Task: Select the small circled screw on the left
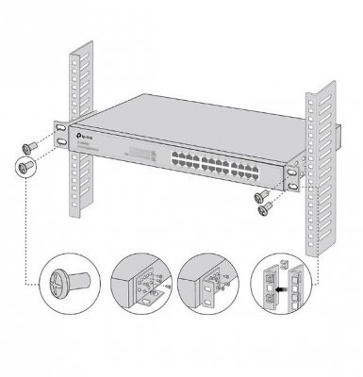coord(25,168)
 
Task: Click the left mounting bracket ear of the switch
coord(61,134)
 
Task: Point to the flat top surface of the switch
coord(189,113)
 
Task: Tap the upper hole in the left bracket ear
coord(60,127)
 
